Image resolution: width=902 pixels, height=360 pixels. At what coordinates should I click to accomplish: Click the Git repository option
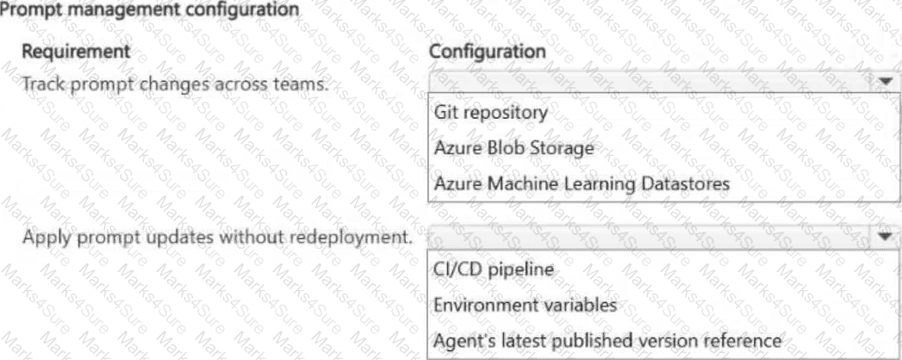pyautogui.click(x=491, y=112)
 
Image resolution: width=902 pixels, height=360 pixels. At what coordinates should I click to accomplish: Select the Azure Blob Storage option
pyautogui.click(x=513, y=148)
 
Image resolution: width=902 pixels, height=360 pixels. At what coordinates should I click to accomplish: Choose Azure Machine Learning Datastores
pyautogui.click(x=582, y=184)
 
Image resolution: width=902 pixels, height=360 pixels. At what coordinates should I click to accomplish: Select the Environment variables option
pyautogui.click(x=526, y=305)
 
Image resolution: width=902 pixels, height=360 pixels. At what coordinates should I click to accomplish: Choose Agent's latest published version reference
pyautogui.click(x=608, y=340)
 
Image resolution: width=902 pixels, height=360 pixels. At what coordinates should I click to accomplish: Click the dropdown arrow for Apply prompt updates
pyautogui.click(x=886, y=236)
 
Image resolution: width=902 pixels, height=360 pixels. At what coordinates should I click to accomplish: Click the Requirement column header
pyautogui.click(x=75, y=52)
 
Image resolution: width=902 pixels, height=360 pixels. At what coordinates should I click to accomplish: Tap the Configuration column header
pyautogui.click(x=488, y=52)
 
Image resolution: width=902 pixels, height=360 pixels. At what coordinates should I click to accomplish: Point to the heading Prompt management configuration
pyautogui.click(x=150, y=9)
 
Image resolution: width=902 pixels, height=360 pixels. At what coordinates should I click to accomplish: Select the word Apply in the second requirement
pyautogui.click(x=43, y=237)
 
